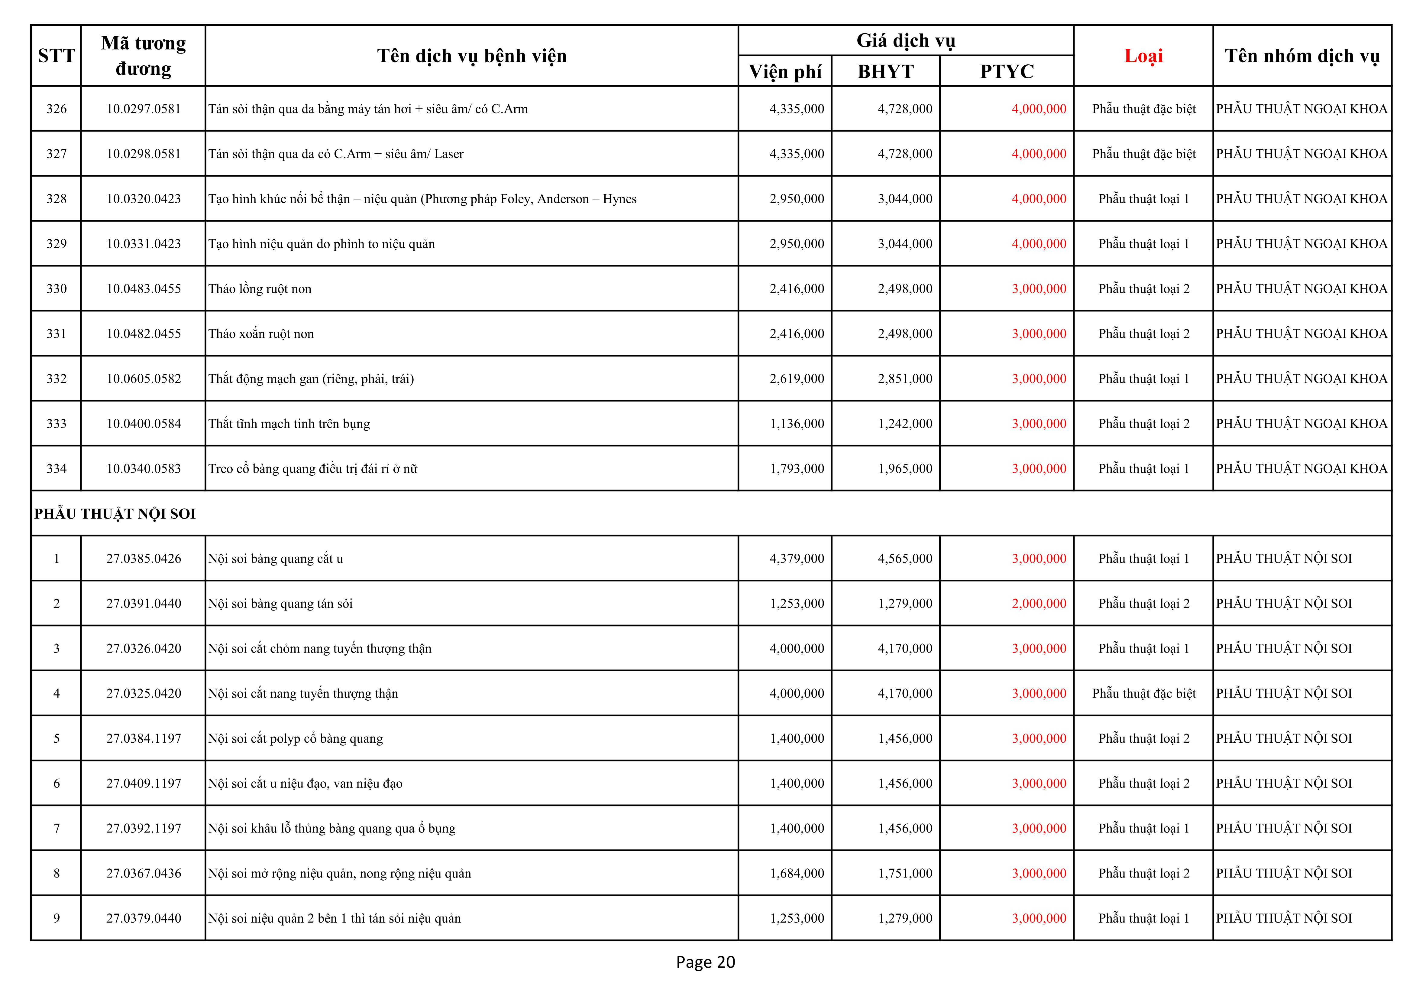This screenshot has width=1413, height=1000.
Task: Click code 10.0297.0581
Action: point(144,109)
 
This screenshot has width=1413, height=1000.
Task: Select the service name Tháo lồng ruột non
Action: point(260,289)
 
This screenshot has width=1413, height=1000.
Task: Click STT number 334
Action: point(57,469)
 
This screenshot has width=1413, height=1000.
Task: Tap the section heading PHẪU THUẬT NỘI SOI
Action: point(115,513)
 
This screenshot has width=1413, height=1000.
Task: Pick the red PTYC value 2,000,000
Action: point(1039,604)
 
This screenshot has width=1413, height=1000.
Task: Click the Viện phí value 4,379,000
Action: point(796,559)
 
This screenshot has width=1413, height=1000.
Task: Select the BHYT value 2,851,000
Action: point(905,379)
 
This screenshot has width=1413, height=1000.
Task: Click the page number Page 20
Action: point(705,962)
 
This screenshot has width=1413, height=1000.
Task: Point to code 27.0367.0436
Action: point(144,873)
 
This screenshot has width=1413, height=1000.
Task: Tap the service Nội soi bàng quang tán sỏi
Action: point(280,604)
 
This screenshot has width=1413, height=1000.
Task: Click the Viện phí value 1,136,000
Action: point(796,424)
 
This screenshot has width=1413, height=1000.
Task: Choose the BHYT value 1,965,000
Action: point(905,469)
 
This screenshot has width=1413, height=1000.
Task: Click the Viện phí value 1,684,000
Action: point(796,873)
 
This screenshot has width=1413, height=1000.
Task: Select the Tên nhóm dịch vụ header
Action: point(1301,56)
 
